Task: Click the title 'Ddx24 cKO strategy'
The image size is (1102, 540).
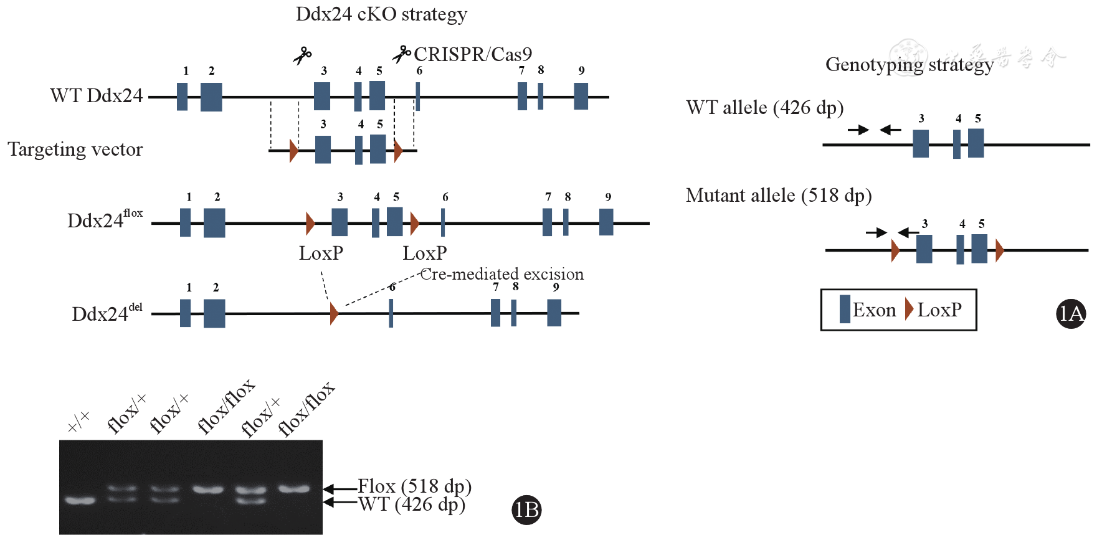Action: [381, 14]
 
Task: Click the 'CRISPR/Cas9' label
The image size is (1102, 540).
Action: [472, 55]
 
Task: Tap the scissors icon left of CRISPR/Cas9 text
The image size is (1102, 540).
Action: [401, 54]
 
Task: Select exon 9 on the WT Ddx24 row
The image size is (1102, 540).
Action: [581, 97]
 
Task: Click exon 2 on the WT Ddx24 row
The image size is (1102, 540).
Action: [211, 97]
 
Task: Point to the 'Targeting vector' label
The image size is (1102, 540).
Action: [75, 149]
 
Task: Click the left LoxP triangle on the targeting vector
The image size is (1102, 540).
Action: [293, 151]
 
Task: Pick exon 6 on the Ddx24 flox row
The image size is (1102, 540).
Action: [442, 222]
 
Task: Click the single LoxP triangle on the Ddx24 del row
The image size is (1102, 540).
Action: [334, 313]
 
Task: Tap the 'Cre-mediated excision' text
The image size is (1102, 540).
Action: [502, 274]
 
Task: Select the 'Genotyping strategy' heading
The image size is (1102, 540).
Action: [909, 65]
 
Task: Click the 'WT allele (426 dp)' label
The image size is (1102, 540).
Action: [764, 108]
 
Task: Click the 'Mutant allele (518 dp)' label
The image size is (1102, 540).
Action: [778, 196]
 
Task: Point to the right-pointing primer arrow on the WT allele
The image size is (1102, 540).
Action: [858, 130]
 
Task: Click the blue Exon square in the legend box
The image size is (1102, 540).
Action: [845, 310]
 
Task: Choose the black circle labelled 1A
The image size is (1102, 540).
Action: [1071, 314]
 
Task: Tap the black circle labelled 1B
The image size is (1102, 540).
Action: [526, 510]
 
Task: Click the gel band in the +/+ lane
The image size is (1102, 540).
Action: [80, 500]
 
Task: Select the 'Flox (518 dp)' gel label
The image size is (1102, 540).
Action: [414, 486]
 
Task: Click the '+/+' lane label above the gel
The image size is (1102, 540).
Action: [78, 422]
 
